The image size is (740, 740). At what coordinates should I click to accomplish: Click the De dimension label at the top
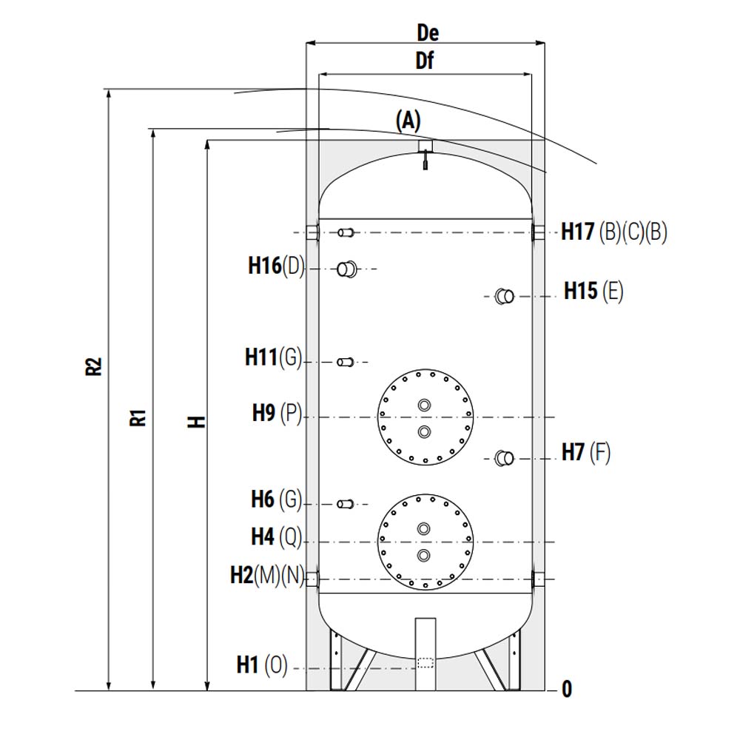point(428,33)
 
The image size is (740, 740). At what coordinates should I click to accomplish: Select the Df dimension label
point(425,61)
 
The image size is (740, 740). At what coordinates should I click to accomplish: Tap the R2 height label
point(94,366)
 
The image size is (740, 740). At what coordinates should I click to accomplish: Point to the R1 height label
point(138,417)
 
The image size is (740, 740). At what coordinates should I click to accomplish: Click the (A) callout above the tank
point(408,121)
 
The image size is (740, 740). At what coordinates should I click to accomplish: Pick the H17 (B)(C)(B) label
point(614,232)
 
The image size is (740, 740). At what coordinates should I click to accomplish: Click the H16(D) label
point(276,266)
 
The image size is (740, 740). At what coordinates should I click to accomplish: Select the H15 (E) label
point(593,291)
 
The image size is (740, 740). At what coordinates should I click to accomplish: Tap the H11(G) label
point(273,357)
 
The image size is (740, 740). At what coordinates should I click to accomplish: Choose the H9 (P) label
point(277,413)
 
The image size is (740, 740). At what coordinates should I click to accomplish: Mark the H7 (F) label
point(586,452)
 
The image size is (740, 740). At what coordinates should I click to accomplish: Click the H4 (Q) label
point(277,536)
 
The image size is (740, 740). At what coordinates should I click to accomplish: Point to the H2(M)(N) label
point(268,575)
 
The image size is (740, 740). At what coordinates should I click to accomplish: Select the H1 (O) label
point(262,665)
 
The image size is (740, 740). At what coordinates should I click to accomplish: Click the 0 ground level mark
point(567,690)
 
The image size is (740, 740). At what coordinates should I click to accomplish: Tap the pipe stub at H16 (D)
point(347,269)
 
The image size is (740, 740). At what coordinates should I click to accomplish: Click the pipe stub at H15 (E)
point(504,297)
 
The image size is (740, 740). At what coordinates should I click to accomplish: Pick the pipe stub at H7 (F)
point(504,458)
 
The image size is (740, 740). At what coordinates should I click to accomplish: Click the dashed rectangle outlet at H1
point(425,663)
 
